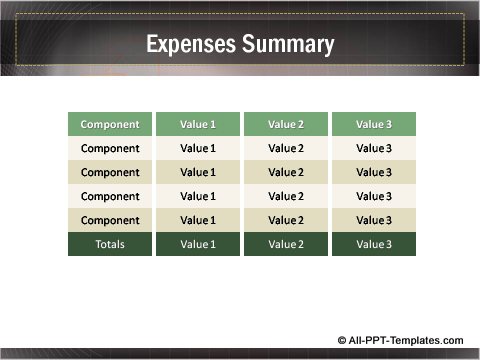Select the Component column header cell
click(x=110, y=125)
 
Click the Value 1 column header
click(x=198, y=125)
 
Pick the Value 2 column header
click(x=286, y=125)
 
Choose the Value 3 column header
click(x=374, y=125)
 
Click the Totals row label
click(x=110, y=244)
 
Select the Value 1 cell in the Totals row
click(x=198, y=244)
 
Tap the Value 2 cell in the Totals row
click(x=286, y=244)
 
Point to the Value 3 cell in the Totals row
click(x=374, y=244)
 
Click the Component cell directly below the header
click(x=110, y=149)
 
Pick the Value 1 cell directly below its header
click(x=198, y=149)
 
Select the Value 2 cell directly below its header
click(x=286, y=149)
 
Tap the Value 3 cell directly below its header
click(x=374, y=149)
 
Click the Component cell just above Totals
click(x=110, y=220)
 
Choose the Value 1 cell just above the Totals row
click(x=198, y=220)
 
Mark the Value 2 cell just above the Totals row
click(x=286, y=220)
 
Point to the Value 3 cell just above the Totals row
click(x=374, y=220)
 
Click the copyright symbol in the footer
click(x=343, y=339)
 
